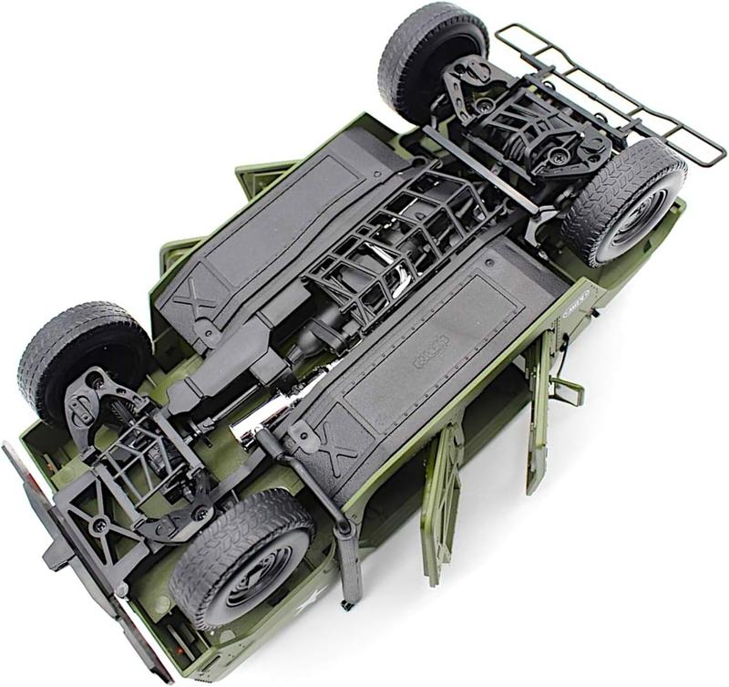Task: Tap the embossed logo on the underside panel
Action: pos(431,350)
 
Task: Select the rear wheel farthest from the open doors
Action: pos(433,55)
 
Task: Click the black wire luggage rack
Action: pos(610,91)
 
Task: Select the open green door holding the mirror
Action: pos(539,411)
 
